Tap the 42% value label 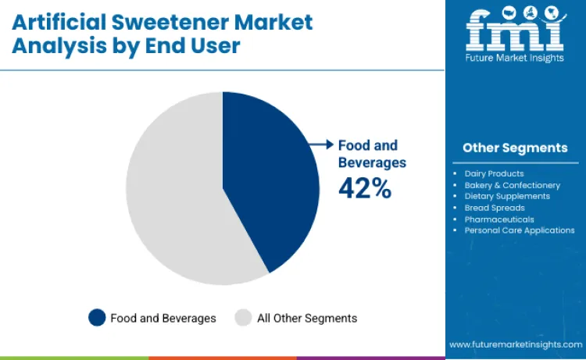point(364,187)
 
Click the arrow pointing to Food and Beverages point(320,144)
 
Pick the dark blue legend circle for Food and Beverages point(97,318)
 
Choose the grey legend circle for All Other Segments point(244,318)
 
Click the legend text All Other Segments point(306,318)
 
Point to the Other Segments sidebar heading point(515,148)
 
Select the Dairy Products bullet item point(494,173)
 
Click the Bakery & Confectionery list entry point(512,185)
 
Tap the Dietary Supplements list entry point(507,196)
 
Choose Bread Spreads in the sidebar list point(495,208)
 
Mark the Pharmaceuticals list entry point(499,219)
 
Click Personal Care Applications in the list point(519,230)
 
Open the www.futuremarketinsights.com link point(515,344)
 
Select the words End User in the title point(195,46)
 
